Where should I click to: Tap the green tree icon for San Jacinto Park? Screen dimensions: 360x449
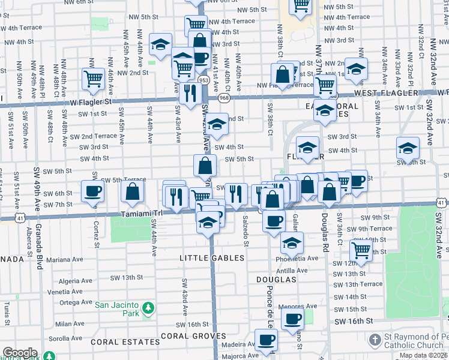[148, 310]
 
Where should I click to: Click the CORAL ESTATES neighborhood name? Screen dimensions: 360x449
[125, 341]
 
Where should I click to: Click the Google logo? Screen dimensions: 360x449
[19, 353]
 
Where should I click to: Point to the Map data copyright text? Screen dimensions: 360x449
[424, 355]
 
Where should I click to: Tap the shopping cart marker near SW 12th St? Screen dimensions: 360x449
[361, 249]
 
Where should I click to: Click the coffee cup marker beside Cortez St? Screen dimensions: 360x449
[92, 191]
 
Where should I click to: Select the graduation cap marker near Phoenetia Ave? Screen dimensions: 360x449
[292, 243]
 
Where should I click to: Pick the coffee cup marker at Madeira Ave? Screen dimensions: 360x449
[266, 340]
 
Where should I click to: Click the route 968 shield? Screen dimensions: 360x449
[224, 97]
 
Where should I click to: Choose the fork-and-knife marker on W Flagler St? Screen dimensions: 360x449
[190, 93]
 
